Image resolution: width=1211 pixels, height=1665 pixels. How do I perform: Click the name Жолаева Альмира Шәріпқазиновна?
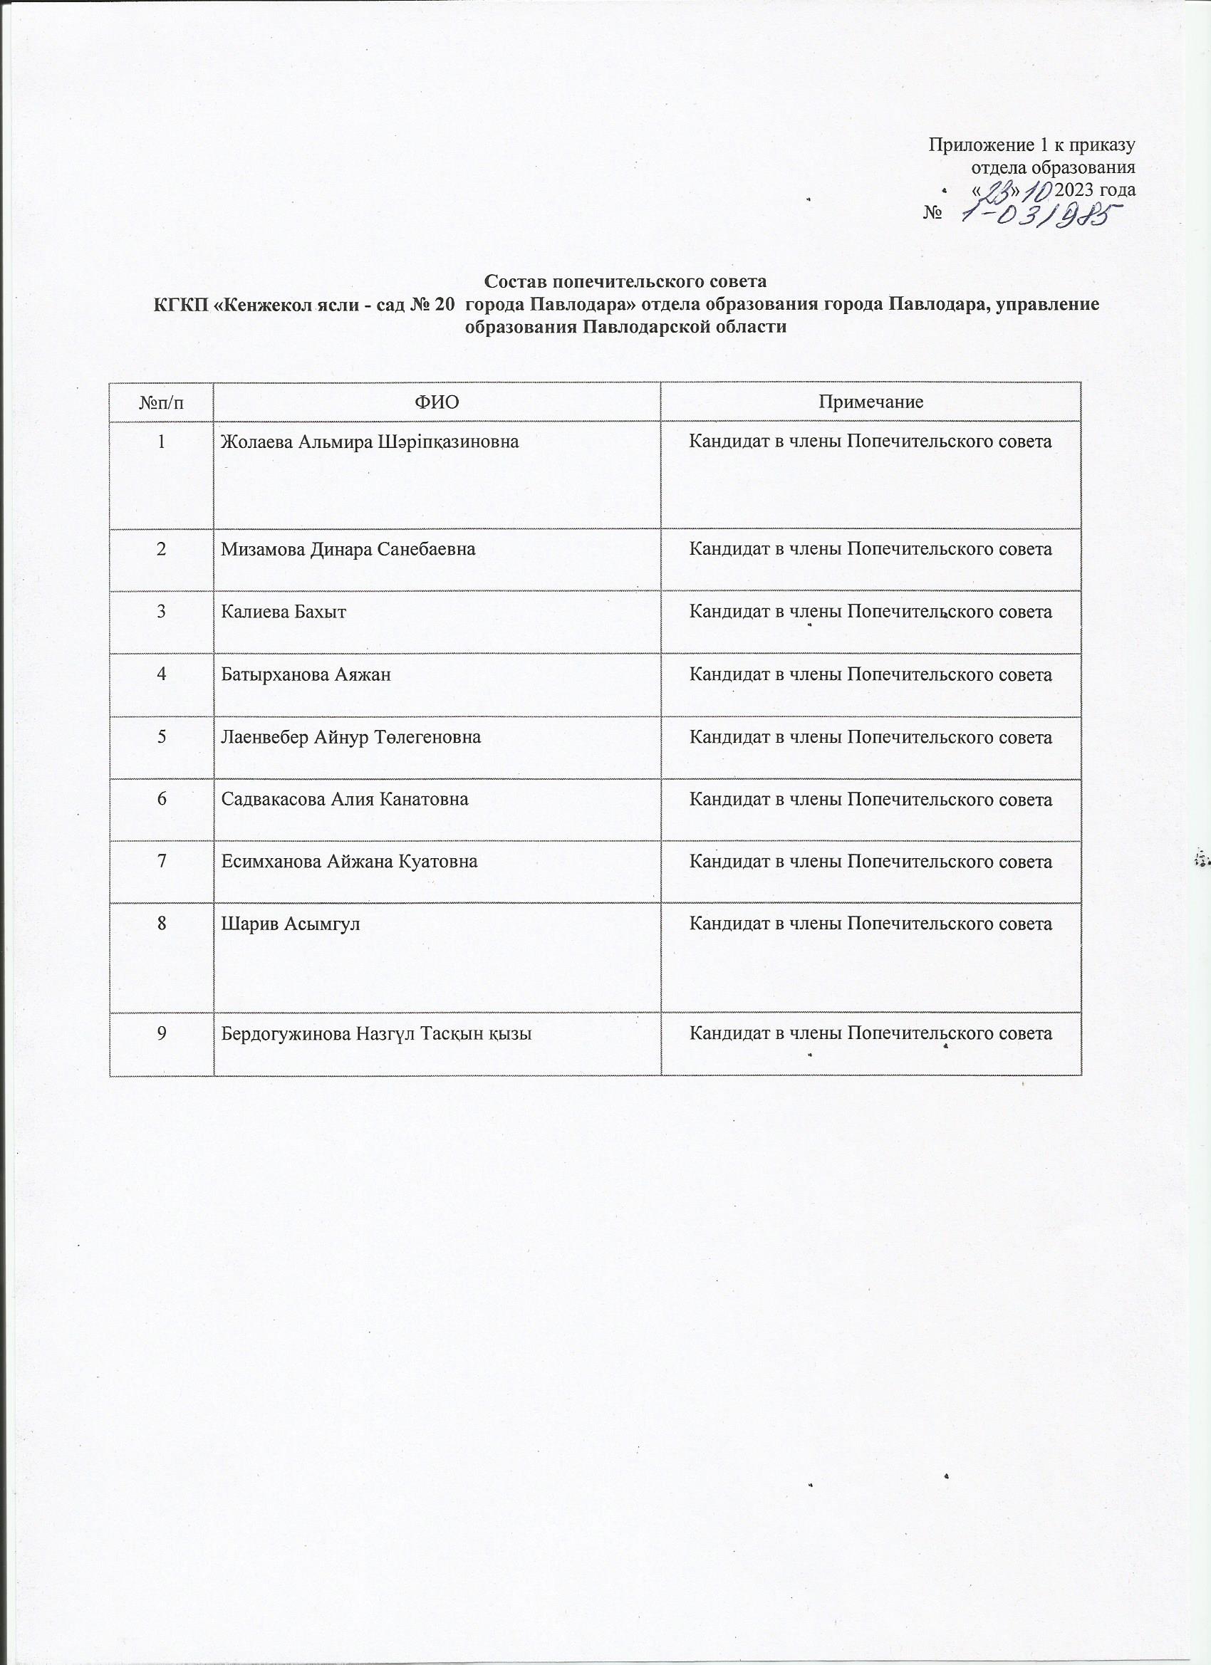(x=370, y=442)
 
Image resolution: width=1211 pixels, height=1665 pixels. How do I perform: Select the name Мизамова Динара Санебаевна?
(x=348, y=548)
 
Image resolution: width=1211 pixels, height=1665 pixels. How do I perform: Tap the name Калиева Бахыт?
(x=284, y=612)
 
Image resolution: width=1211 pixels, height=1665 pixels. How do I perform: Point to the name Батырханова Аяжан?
(x=306, y=674)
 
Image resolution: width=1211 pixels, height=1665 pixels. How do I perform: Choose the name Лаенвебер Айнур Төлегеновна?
(x=351, y=737)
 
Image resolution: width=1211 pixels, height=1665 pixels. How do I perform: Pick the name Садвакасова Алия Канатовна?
(x=345, y=799)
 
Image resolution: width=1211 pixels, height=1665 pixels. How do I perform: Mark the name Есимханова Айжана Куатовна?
(x=350, y=861)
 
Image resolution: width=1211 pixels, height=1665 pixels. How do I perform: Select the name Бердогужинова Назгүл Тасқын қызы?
(x=377, y=1033)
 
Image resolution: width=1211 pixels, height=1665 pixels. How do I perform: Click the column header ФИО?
(x=436, y=402)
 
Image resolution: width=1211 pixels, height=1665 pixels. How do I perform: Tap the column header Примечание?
(x=870, y=402)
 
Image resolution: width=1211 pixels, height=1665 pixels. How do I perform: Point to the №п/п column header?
(x=161, y=402)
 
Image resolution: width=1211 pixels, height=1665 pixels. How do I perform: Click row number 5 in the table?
(x=161, y=737)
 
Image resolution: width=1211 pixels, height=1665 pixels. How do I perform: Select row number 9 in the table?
(x=161, y=1033)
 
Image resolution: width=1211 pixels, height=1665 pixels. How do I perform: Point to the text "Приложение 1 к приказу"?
(x=1031, y=144)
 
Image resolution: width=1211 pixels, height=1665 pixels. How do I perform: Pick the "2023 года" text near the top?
(x=1095, y=189)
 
